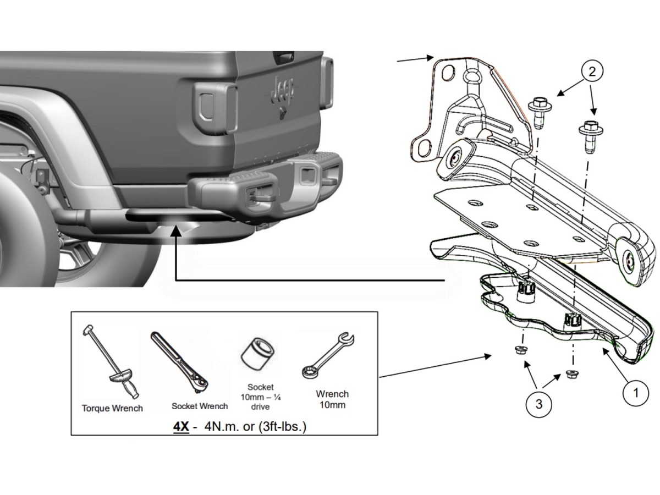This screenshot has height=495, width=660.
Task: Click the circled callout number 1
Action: pyautogui.click(x=637, y=393)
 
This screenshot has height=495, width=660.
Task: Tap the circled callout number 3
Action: pyautogui.click(x=538, y=404)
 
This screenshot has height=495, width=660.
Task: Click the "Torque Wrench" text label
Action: pyautogui.click(x=112, y=408)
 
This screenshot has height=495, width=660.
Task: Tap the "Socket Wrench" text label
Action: pyautogui.click(x=200, y=406)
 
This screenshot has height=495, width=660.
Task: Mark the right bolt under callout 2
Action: pyautogui.click(x=590, y=134)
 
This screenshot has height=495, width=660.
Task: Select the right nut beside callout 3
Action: pyautogui.click(x=571, y=375)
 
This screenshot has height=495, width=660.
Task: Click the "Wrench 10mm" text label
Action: pyautogui.click(x=332, y=399)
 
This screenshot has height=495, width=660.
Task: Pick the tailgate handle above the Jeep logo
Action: pyautogui.click(x=284, y=57)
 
